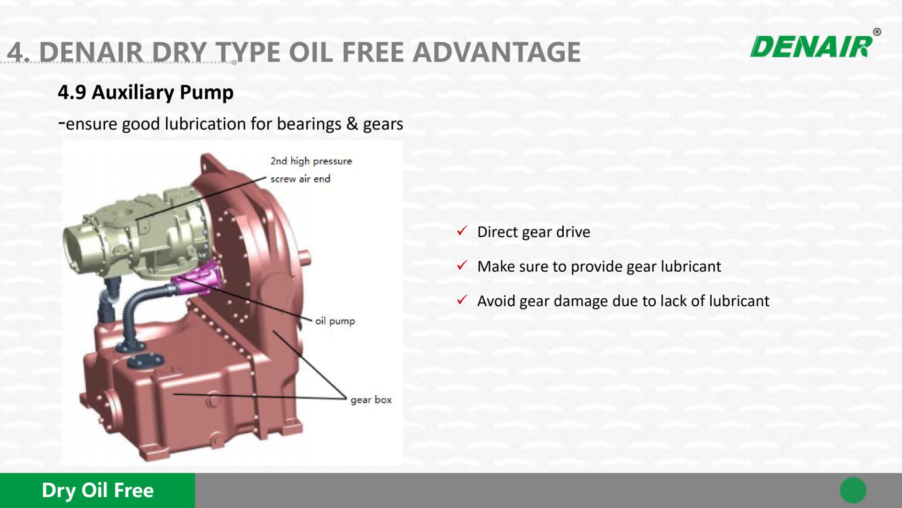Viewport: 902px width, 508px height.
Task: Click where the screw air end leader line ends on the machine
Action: tap(136, 220)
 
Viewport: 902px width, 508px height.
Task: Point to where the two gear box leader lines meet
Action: tap(346, 399)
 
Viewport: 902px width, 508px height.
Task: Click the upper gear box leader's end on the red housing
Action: tap(274, 332)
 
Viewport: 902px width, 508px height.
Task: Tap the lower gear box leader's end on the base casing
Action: tap(174, 394)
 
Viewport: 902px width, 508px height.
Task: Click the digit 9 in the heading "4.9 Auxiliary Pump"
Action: tap(80, 93)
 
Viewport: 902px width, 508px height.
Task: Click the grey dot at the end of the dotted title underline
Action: tap(234, 62)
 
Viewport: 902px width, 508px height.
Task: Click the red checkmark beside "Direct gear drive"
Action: tap(462, 230)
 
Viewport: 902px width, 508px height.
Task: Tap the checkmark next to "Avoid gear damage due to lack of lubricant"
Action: tap(462, 300)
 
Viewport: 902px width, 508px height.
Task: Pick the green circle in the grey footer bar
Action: tap(853, 490)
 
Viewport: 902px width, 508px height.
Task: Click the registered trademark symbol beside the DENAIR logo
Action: tap(877, 32)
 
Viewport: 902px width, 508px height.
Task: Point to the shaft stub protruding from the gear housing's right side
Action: tap(305, 255)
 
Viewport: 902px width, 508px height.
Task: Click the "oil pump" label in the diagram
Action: tap(335, 321)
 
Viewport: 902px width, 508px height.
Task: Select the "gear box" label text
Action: tap(371, 400)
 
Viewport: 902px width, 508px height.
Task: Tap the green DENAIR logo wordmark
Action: tap(811, 47)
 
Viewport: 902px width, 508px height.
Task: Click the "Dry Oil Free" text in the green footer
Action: tap(98, 490)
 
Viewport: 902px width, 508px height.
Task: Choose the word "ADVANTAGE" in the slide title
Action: tap(497, 52)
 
